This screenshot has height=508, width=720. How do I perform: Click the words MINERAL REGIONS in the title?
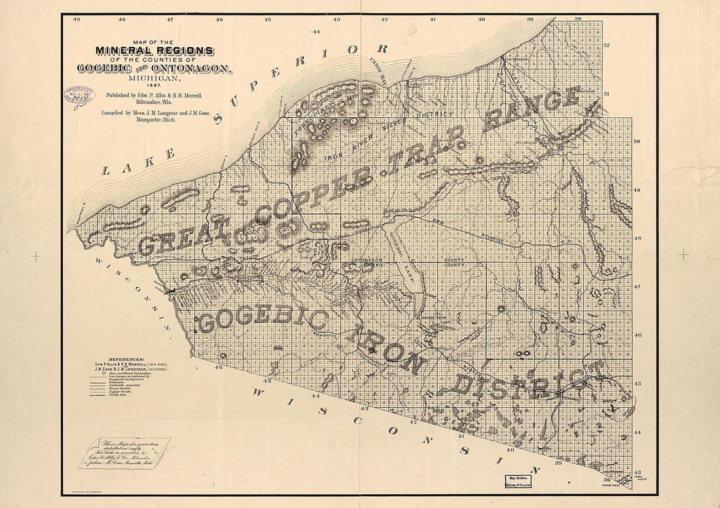point(154,51)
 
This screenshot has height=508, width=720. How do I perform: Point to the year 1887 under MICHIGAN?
point(154,84)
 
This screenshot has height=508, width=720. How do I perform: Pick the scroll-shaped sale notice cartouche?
point(124,452)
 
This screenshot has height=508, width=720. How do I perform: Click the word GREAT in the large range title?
point(175,240)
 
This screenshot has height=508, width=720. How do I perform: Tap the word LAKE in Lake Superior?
point(138,163)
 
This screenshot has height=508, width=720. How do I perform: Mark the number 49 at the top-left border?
point(77,20)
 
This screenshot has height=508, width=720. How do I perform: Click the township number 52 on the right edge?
point(606,45)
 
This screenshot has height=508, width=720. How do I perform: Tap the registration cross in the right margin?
point(683,255)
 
